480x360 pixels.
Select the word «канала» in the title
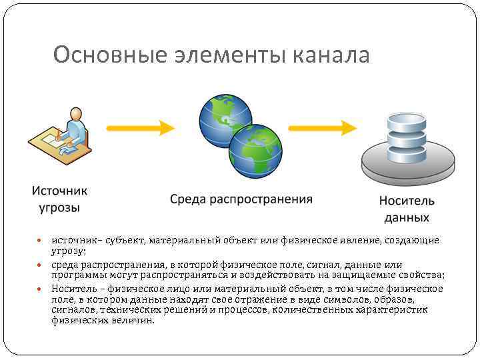(x=330, y=55)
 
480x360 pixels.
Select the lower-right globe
(x=255, y=149)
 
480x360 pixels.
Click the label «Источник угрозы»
(x=59, y=199)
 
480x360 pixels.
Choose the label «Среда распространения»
(x=241, y=199)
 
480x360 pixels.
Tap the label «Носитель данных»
(x=407, y=209)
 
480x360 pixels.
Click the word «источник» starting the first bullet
(x=73, y=240)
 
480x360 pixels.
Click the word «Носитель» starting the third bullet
(x=73, y=289)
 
